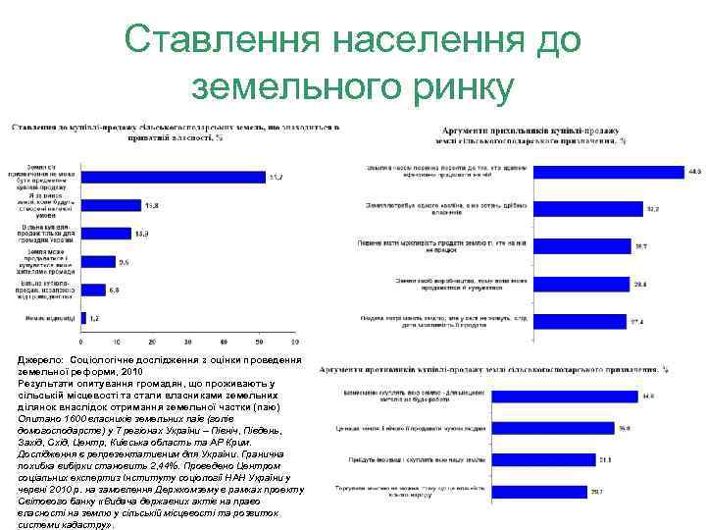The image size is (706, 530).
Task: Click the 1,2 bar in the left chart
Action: (84, 318)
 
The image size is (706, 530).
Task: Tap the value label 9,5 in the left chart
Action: (124, 262)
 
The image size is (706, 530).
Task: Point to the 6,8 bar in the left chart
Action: (94, 290)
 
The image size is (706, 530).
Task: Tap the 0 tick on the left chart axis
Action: (81, 341)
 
